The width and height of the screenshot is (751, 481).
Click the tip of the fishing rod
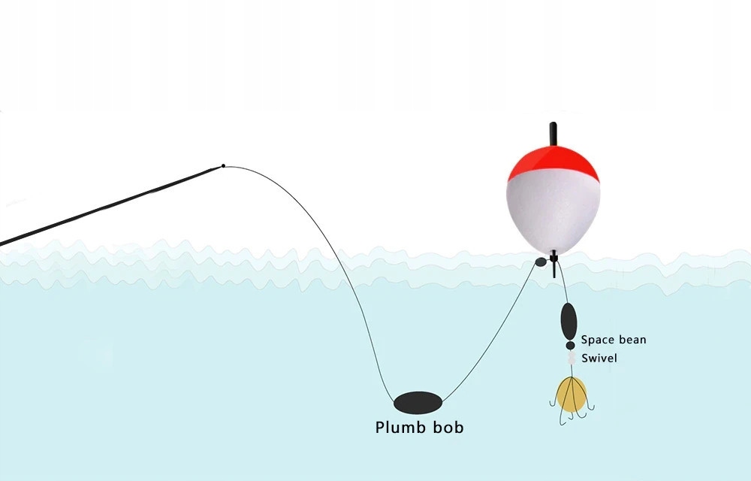[223, 165]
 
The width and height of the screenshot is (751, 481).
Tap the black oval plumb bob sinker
[418, 403]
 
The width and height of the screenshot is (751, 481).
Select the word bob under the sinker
[449, 428]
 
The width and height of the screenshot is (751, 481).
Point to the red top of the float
[553, 162]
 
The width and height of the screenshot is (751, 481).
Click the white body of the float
[553, 210]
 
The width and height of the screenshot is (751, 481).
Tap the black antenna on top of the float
[553, 133]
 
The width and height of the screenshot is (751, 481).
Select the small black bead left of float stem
[541, 262]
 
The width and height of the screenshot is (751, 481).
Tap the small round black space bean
[570, 345]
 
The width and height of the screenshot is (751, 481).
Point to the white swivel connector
[571, 358]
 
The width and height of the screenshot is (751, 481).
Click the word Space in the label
[597, 340]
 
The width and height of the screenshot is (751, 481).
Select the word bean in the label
[632, 340]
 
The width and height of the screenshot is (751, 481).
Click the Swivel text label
[599, 359]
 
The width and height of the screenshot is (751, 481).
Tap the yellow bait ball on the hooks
[571, 394]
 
